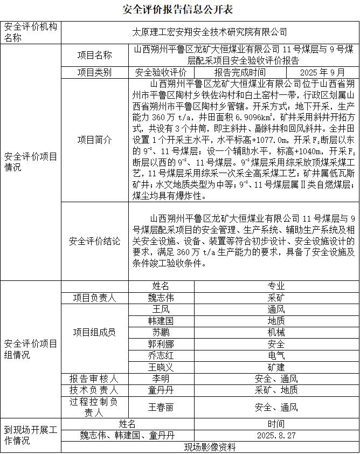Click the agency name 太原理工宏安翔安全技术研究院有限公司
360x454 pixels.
(210, 32)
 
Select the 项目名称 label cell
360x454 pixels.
(95, 55)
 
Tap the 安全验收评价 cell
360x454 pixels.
(161, 72)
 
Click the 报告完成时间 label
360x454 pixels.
(240, 72)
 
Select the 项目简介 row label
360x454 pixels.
(95, 140)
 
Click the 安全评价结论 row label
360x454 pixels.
(95, 240)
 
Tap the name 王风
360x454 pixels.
(161, 309)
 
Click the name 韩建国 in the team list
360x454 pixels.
(161, 321)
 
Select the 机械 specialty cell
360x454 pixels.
(276, 332)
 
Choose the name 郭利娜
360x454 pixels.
(161, 344)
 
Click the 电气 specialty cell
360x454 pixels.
(276, 355)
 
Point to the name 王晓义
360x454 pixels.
(161, 367)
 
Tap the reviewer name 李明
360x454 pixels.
(161, 379)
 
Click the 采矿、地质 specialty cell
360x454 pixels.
(276, 390)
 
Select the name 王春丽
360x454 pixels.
(161, 407)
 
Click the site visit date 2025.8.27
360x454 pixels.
(276, 435)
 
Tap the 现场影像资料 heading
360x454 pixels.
(210, 447)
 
